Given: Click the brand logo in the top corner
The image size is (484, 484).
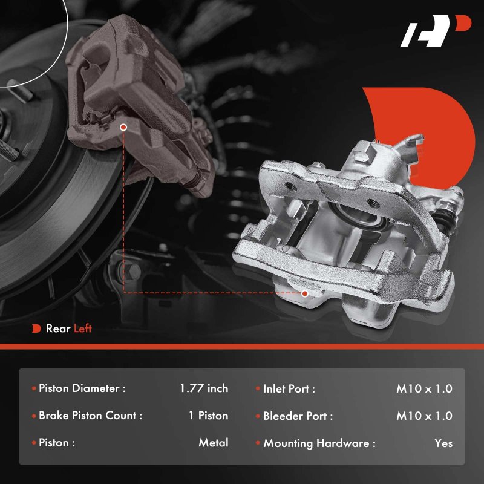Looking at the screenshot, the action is coord(435,31).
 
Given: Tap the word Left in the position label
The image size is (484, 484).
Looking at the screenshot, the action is coord(82,329).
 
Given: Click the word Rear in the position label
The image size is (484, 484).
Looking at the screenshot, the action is coord(58,329).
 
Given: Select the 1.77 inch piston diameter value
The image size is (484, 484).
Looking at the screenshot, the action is coord(204,388).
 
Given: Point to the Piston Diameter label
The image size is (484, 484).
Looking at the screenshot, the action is coord(82,388).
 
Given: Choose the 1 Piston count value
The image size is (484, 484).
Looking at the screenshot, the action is coord(209,416).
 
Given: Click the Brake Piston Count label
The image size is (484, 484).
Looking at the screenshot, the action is coord(90,416).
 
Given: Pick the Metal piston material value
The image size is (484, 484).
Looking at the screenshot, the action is coord(214,443).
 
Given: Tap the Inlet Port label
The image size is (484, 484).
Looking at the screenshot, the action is coord(289,388).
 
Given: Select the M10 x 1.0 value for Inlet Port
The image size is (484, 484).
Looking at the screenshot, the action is coord(425,388).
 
